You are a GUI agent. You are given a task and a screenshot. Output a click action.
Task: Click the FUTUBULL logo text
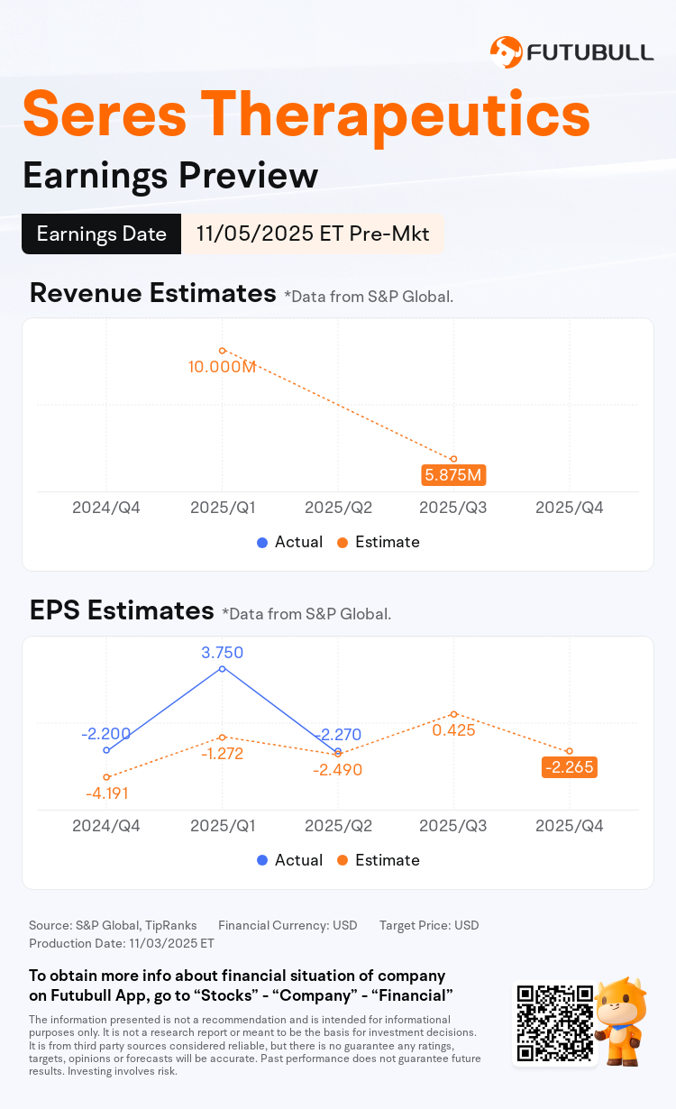point(590,51)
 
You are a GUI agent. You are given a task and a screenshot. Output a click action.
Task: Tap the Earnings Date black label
point(101,234)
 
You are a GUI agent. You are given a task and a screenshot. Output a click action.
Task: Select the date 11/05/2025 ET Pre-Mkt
point(312,234)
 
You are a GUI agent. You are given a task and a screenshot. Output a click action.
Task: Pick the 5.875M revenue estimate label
point(453,475)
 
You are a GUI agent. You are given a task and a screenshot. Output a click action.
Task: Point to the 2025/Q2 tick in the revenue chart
point(338,508)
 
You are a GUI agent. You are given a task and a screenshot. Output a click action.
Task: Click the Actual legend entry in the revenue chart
point(289,542)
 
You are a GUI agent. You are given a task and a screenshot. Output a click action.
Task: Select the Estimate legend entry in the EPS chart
point(378,860)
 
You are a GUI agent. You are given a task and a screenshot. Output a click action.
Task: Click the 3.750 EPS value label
point(222,653)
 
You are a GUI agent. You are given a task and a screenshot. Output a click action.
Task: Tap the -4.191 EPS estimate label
point(106,793)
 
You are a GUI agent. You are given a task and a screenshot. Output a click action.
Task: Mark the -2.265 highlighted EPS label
point(569,767)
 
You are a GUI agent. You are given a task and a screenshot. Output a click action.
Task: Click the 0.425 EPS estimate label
point(453,730)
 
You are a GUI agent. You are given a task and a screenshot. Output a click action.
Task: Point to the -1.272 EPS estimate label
point(222,754)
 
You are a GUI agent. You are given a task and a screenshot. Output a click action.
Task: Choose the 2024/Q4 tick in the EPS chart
point(106,826)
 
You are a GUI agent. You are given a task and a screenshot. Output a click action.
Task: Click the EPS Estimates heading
point(122,610)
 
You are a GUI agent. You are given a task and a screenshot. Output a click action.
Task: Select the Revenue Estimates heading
point(152,293)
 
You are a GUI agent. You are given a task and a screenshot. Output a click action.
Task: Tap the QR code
point(554,1022)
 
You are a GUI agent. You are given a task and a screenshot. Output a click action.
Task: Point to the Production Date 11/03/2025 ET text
point(122,943)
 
